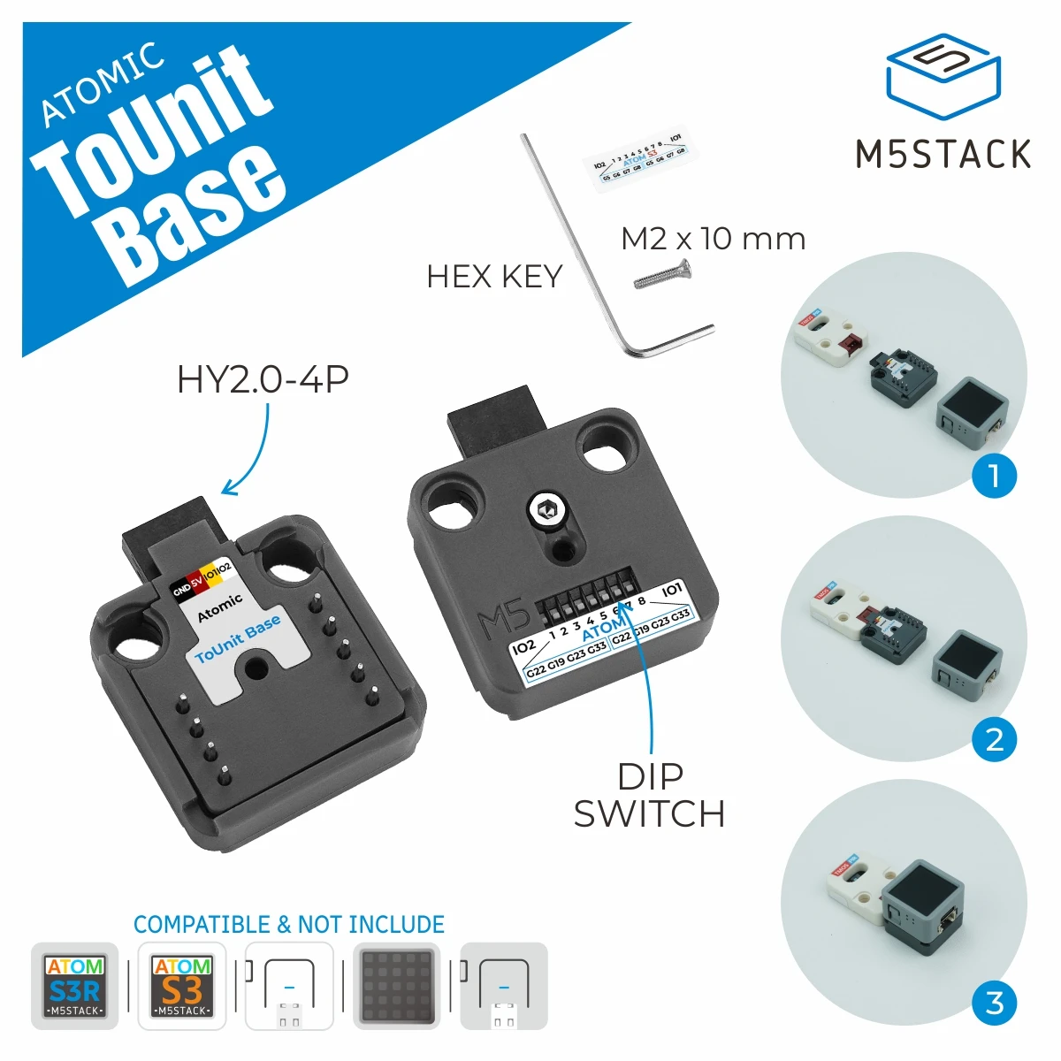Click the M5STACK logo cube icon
[943, 78]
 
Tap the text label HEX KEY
[494, 277]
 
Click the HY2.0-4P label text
[263, 379]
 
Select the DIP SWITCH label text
[650, 796]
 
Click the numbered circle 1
[994, 476]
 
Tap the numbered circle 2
[994, 739]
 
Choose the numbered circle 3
[994, 1003]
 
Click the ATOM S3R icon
[75, 986]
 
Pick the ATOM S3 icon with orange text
[182, 986]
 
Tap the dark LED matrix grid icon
[397, 986]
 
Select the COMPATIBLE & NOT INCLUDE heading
[289, 925]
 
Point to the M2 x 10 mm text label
[713, 239]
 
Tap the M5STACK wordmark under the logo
[943, 154]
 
